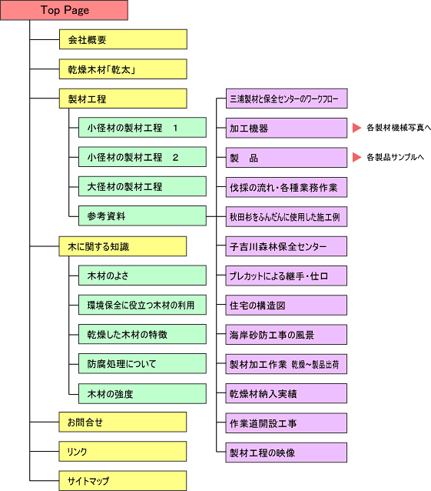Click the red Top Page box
click(64, 10)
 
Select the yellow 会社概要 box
click(123, 39)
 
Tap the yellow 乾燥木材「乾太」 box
click(123, 69)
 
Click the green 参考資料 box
click(142, 215)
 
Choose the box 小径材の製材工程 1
click(142, 128)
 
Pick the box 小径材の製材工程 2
click(142, 157)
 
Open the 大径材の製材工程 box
click(142, 186)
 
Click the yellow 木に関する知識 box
click(123, 246)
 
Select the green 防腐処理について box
click(142, 363)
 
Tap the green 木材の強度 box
click(142, 393)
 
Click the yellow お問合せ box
click(123, 422)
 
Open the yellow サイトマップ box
click(123, 481)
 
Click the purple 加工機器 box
click(287, 128)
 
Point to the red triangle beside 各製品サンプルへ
click(357, 157)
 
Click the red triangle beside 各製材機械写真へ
click(357, 128)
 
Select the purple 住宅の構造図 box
click(287, 305)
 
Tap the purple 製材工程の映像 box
click(287, 453)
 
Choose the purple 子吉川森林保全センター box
click(287, 246)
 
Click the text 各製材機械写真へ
click(399, 128)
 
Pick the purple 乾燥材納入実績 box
click(287, 393)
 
